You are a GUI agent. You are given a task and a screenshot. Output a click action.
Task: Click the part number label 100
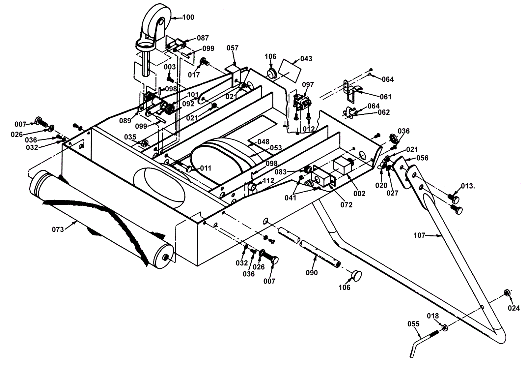(x=188, y=17)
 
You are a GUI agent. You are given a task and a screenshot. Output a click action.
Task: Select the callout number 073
(x=58, y=229)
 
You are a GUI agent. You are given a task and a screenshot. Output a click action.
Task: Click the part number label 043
(x=306, y=59)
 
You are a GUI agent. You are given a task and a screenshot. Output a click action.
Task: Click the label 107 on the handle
(x=420, y=235)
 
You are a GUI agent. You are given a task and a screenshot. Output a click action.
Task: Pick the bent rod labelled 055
(x=425, y=344)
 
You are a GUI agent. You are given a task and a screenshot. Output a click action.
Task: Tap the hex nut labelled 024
(x=507, y=293)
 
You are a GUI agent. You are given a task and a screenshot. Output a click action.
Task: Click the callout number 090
(x=312, y=273)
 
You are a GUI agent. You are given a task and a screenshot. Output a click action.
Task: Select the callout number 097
(x=308, y=84)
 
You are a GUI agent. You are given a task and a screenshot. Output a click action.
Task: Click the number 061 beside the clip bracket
(x=386, y=97)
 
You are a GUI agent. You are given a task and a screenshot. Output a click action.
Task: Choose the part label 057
(x=233, y=48)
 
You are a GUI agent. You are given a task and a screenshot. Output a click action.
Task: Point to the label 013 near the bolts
(x=467, y=186)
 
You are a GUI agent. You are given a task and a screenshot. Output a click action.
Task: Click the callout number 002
(x=359, y=194)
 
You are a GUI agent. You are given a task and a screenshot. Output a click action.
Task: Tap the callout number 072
(x=347, y=205)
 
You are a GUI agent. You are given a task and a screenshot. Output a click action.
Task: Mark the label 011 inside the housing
(x=206, y=168)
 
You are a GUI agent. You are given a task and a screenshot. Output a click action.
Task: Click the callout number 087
(x=203, y=38)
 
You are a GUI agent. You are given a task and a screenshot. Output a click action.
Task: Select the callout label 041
(x=290, y=198)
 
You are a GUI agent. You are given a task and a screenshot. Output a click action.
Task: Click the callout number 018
(x=433, y=316)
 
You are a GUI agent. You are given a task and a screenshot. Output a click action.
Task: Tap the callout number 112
(x=268, y=181)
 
